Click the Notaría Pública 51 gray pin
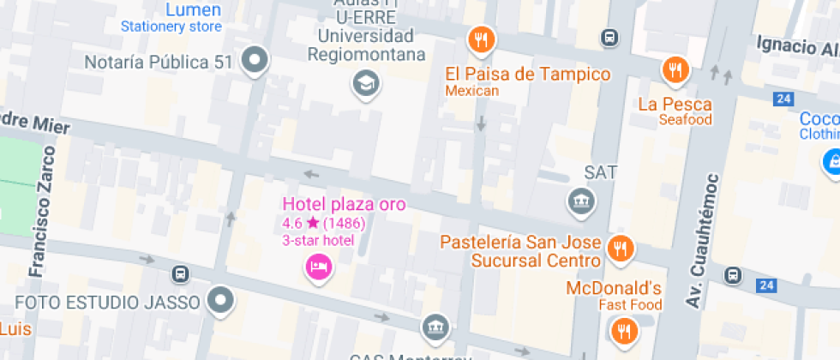[x=255, y=61]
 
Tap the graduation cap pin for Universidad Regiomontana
[x=367, y=83]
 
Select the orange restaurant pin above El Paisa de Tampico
[x=482, y=39]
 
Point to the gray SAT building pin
[x=583, y=201]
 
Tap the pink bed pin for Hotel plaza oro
[x=320, y=267]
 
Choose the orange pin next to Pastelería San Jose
[x=618, y=249]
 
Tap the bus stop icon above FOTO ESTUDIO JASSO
[x=180, y=274]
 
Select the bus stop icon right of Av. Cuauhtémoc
[x=733, y=275]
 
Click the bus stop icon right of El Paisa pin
[x=609, y=38]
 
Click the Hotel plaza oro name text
[x=344, y=204]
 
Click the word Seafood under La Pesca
[x=685, y=120]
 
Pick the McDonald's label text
[x=614, y=288]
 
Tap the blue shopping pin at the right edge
[x=831, y=160]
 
